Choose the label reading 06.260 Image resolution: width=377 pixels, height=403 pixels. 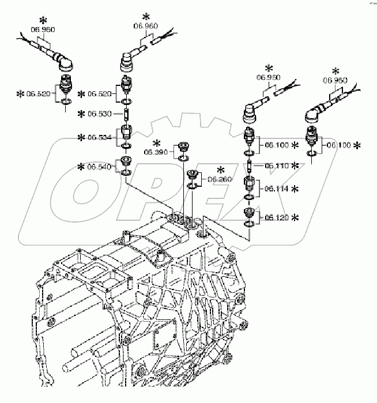[221, 180]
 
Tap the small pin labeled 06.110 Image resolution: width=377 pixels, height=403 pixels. [248, 166]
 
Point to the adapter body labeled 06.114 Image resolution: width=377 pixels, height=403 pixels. [248, 186]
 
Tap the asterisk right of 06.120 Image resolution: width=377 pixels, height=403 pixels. [296, 217]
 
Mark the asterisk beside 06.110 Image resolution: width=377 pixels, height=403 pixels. [296, 165]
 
